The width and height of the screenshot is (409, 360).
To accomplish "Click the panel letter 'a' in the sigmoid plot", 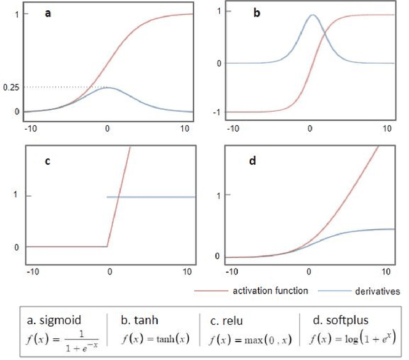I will tap(47, 13).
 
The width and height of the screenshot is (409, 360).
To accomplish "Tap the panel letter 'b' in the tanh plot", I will tap(256, 13).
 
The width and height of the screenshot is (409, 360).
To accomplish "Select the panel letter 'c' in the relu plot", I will tap(47, 161).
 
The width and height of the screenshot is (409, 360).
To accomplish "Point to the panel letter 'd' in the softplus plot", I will tap(253, 161).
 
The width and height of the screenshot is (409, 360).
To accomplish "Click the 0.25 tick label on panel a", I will tap(10, 87).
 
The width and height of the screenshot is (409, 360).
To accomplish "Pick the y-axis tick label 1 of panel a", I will tap(15, 13).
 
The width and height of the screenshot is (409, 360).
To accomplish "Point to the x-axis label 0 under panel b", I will tap(310, 128).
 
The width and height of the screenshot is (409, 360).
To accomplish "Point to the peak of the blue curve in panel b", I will tap(312, 15).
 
